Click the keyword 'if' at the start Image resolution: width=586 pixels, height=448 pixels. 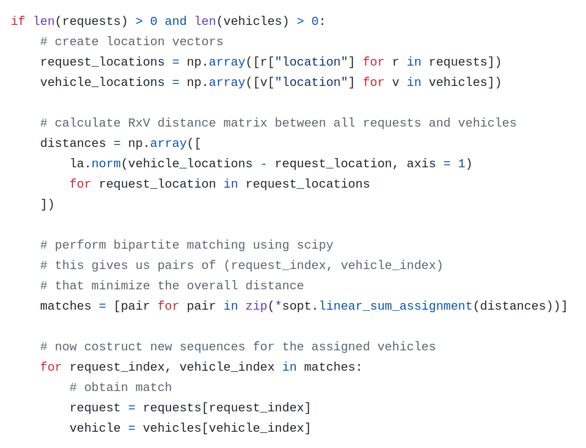click(x=18, y=21)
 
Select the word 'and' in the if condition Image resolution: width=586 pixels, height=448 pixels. click(x=176, y=21)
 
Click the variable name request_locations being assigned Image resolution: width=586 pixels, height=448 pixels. click(x=102, y=62)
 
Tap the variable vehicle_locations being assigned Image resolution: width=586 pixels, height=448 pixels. click(x=102, y=82)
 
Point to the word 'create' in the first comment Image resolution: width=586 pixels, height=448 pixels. click(x=76, y=41)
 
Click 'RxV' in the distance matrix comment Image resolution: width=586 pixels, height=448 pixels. click(x=138, y=123)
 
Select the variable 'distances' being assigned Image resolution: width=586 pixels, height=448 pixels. click(x=73, y=143)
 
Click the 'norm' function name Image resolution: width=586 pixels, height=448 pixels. click(x=106, y=164)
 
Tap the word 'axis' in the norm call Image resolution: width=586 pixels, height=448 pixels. click(x=421, y=164)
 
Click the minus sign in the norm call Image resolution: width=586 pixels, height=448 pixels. click(x=264, y=164)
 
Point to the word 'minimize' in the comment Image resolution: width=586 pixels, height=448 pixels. click(x=121, y=286)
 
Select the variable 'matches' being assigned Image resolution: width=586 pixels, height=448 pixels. click(x=66, y=306)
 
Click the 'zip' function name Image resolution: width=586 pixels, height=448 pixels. click(x=257, y=306)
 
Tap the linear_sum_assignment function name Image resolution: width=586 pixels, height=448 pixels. click(x=396, y=306)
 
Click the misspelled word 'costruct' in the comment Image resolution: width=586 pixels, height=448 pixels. click(x=113, y=347)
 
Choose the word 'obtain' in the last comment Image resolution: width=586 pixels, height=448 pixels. click(x=106, y=387)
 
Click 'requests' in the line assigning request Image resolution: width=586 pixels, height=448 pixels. click(x=172, y=408)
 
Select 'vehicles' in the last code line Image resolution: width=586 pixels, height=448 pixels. click(x=172, y=428)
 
